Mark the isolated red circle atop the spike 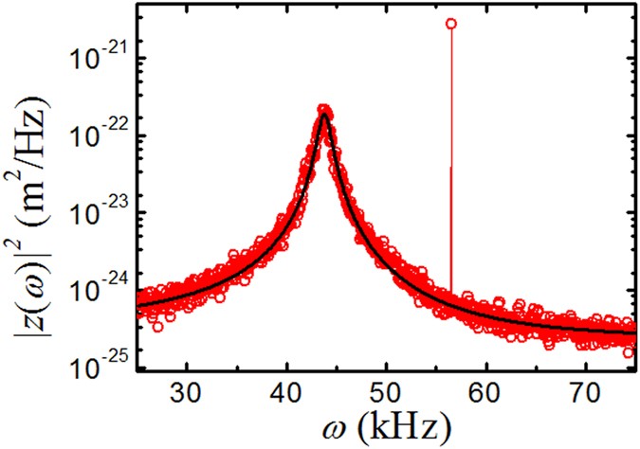[x=451, y=23]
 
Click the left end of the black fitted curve [x=138, y=304]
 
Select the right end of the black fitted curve [x=634, y=332]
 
